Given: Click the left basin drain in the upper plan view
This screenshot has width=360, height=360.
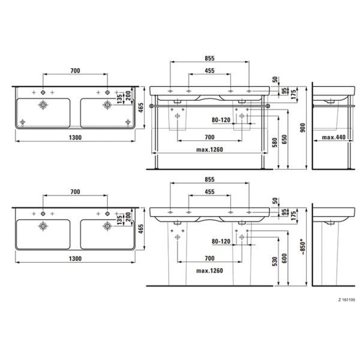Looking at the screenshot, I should (44, 105).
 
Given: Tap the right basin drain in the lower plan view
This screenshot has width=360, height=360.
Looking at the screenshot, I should (107, 226).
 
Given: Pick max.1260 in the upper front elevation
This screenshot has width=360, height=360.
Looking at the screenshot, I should (209, 150).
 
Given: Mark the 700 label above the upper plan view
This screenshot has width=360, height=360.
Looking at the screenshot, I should (76, 71).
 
